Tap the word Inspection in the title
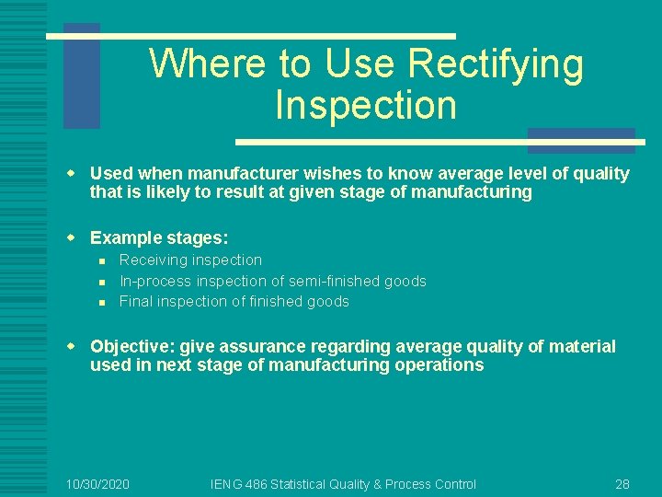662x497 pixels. tap(366, 105)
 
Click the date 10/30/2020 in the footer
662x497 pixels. tap(98, 484)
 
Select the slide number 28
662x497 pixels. tap(622, 484)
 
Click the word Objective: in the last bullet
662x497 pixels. tap(131, 347)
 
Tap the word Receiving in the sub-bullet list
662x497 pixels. tap(153, 260)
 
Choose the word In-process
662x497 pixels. tap(153, 281)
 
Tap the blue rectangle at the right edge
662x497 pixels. tap(581, 140)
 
